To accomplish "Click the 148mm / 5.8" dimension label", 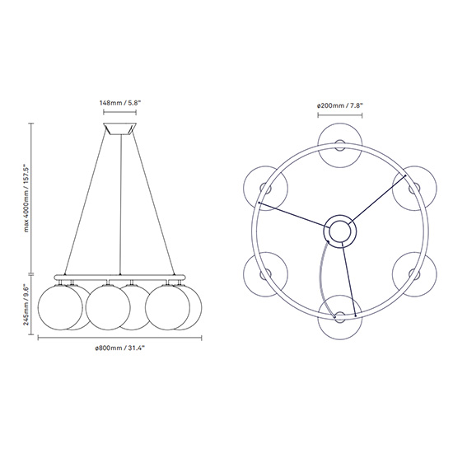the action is (x=120, y=103).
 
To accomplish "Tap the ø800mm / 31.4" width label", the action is (x=120, y=348).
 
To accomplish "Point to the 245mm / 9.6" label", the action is (x=26, y=305).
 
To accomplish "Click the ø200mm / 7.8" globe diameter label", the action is (x=339, y=105).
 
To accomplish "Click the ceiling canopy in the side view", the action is (x=120, y=128).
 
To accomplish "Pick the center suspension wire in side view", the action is (x=120, y=204).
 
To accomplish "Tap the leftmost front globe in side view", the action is (x=60, y=307).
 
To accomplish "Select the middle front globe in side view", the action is (x=108, y=307).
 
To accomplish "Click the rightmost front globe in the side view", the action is (x=167, y=307).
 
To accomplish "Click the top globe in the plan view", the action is (x=339, y=145).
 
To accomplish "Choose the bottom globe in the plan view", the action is (x=339, y=317).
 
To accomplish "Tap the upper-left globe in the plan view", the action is (x=265, y=188).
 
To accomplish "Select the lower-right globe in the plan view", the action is (x=414, y=274).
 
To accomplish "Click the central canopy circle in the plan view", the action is (x=339, y=231).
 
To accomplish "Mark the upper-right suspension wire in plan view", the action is (x=377, y=199).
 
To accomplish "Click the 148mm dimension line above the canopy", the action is (x=120, y=112).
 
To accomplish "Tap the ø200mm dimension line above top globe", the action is (x=339, y=115).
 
